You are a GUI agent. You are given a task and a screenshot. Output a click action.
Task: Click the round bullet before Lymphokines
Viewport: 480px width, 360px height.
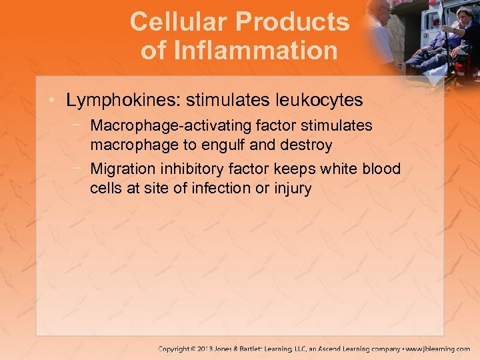53,101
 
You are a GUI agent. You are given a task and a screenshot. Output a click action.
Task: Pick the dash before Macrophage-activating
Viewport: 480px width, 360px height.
79,125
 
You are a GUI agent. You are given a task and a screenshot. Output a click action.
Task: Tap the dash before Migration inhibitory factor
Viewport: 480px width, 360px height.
79,169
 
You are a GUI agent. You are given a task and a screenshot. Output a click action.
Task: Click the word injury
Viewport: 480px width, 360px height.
293,189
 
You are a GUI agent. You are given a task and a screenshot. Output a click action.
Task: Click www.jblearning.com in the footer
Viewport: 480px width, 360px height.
439,349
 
